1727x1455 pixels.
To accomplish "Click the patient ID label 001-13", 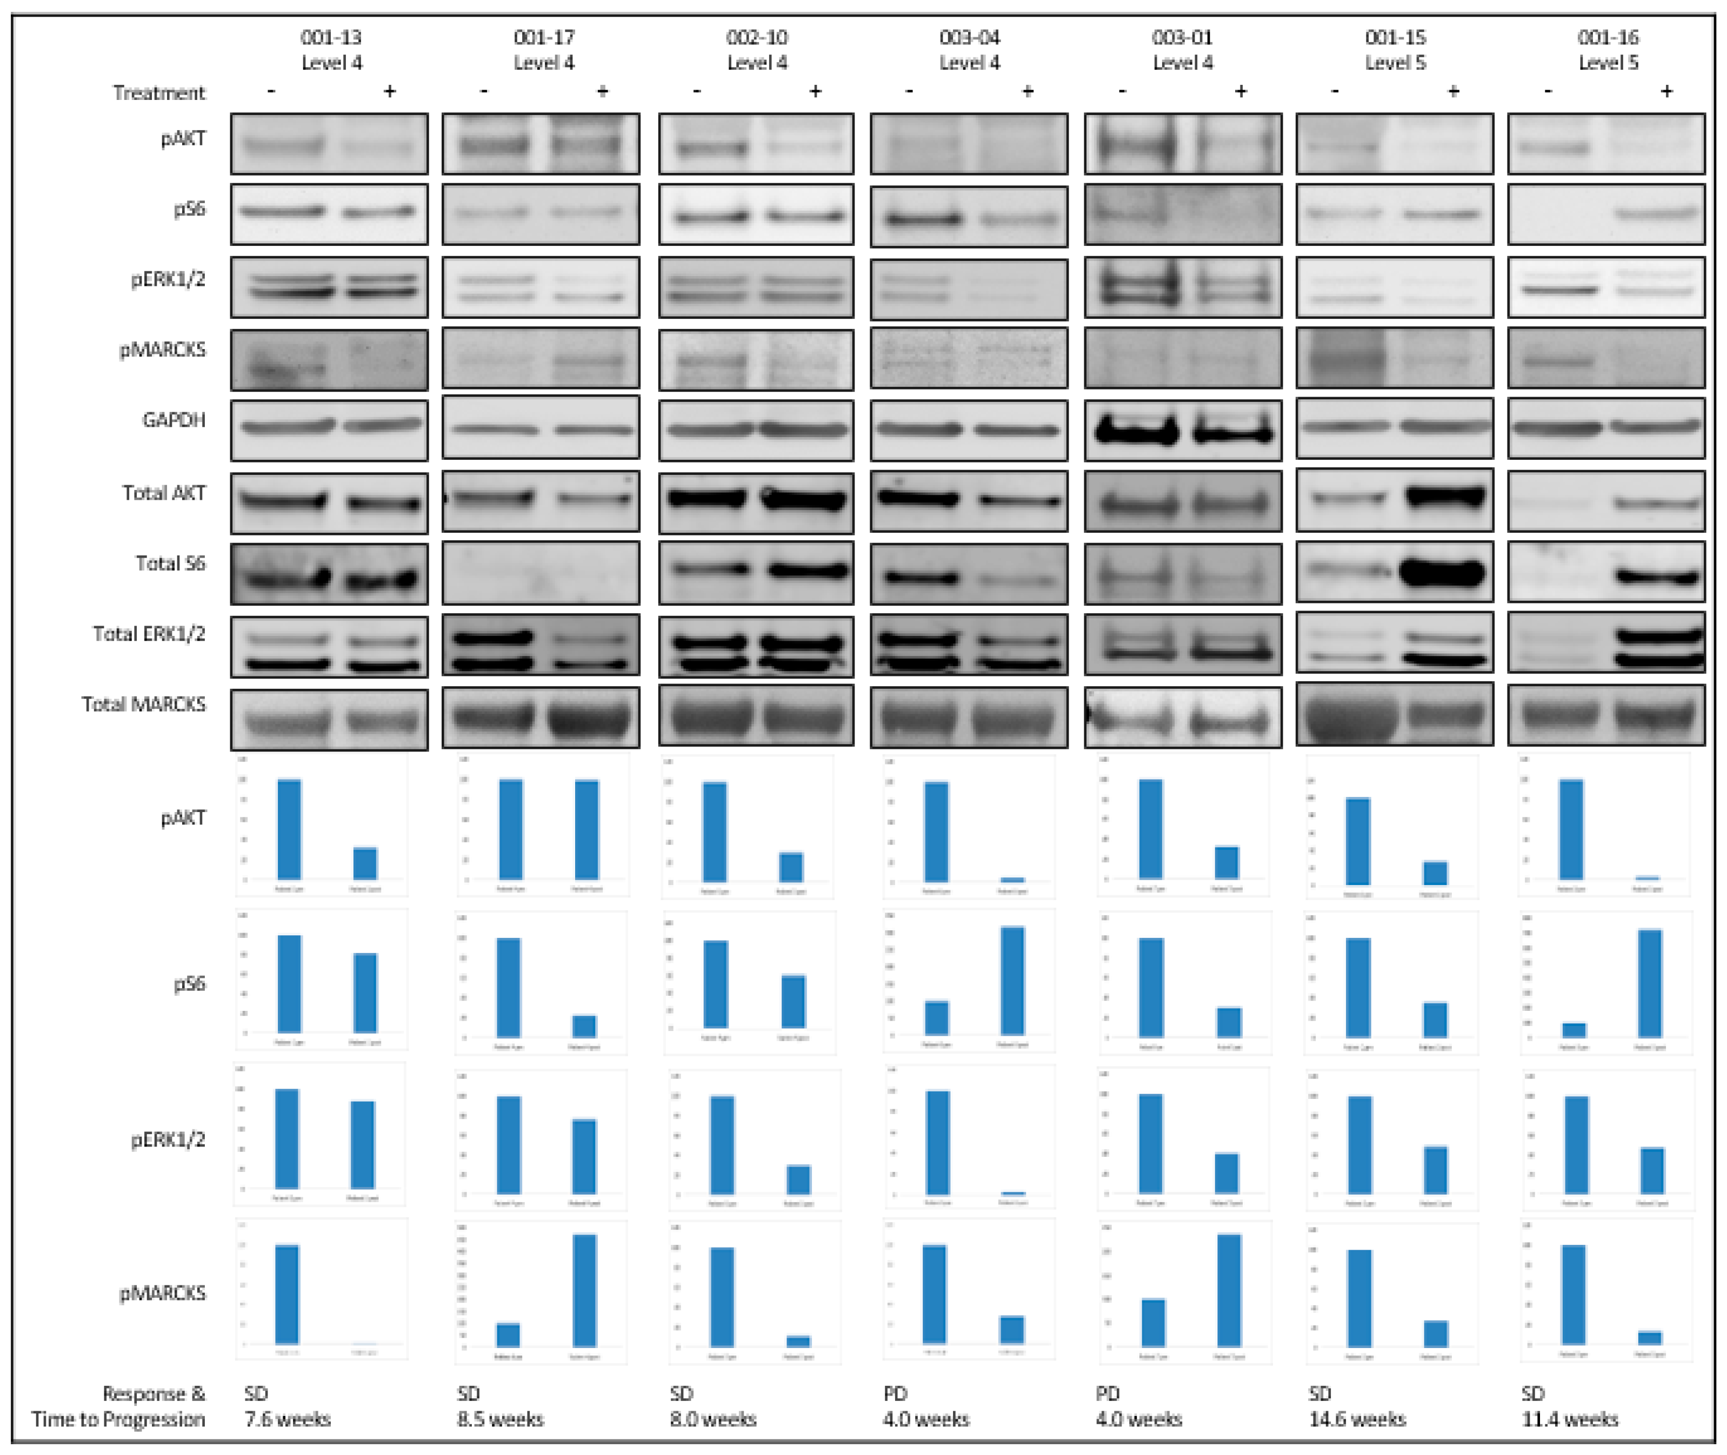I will [x=331, y=37].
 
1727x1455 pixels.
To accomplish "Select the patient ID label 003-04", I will [x=970, y=37].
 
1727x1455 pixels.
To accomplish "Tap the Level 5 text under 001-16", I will [x=1608, y=63].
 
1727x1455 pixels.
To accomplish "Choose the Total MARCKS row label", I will [x=144, y=705].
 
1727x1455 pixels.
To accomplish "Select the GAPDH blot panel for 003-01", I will [x=1182, y=430].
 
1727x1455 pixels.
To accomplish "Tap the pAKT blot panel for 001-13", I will [x=329, y=144].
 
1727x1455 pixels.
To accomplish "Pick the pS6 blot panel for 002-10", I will [x=756, y=214].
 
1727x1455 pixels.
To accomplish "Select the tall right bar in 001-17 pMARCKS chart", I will [x=585, y=1290].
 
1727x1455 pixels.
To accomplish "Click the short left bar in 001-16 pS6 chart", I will [x=1573, y=1029].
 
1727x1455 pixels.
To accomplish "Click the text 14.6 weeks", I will [x=1357, y=1419].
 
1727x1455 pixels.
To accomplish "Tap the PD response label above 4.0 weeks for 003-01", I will [x=1108, y=1394].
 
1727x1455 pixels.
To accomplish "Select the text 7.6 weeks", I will [x=287, y=1419].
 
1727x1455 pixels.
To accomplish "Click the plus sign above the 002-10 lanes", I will [x=815, y=91].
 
